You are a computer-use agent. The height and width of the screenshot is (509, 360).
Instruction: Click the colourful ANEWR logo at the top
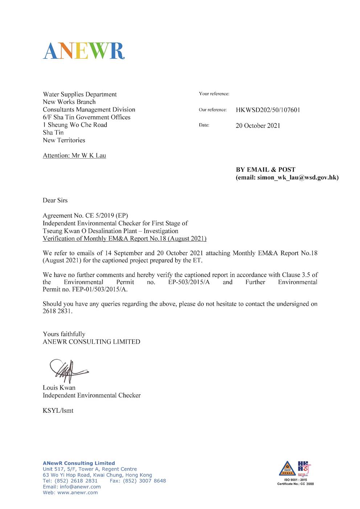(83, 51)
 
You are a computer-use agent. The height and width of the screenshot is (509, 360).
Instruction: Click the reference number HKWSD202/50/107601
(268, 110)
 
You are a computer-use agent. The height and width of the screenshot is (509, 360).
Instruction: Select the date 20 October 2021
(258, 126)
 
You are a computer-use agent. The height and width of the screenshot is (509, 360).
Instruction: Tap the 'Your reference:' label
(214, 94)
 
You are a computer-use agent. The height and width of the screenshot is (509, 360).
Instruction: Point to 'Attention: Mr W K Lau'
(74, 156)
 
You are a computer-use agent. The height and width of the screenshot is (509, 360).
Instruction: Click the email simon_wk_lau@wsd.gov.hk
(298, 177)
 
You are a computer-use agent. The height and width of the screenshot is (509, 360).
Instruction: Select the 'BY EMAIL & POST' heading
(266, 169)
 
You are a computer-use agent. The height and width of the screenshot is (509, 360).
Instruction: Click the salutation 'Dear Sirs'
(55, 200)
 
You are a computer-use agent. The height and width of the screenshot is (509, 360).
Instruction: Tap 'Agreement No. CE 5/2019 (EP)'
(85, 215)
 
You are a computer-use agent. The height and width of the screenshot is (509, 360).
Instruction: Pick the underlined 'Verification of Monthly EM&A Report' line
(124, 238)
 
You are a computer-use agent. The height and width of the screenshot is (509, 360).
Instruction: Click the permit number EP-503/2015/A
(189, 282)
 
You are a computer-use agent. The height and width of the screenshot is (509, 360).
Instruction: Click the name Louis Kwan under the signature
(59, 387)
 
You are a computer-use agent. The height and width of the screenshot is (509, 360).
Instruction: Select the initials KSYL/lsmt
(58, 411)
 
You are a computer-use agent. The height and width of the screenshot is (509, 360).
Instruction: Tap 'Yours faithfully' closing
(64, 334)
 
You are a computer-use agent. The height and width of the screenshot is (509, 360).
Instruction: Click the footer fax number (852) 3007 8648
(144, 481)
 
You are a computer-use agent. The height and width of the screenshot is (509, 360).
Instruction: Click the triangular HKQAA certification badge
(287, 468)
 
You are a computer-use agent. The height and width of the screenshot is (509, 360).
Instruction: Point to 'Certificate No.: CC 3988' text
(295, 484)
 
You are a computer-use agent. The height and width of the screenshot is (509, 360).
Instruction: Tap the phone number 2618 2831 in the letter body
(57, 311)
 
